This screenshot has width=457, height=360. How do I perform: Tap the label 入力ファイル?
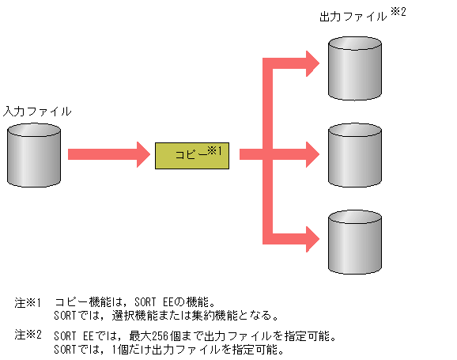coord(37,112)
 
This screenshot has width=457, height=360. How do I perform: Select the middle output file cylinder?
coord(353,153)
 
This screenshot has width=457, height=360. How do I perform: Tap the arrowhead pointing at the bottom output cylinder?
coord(313,237)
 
